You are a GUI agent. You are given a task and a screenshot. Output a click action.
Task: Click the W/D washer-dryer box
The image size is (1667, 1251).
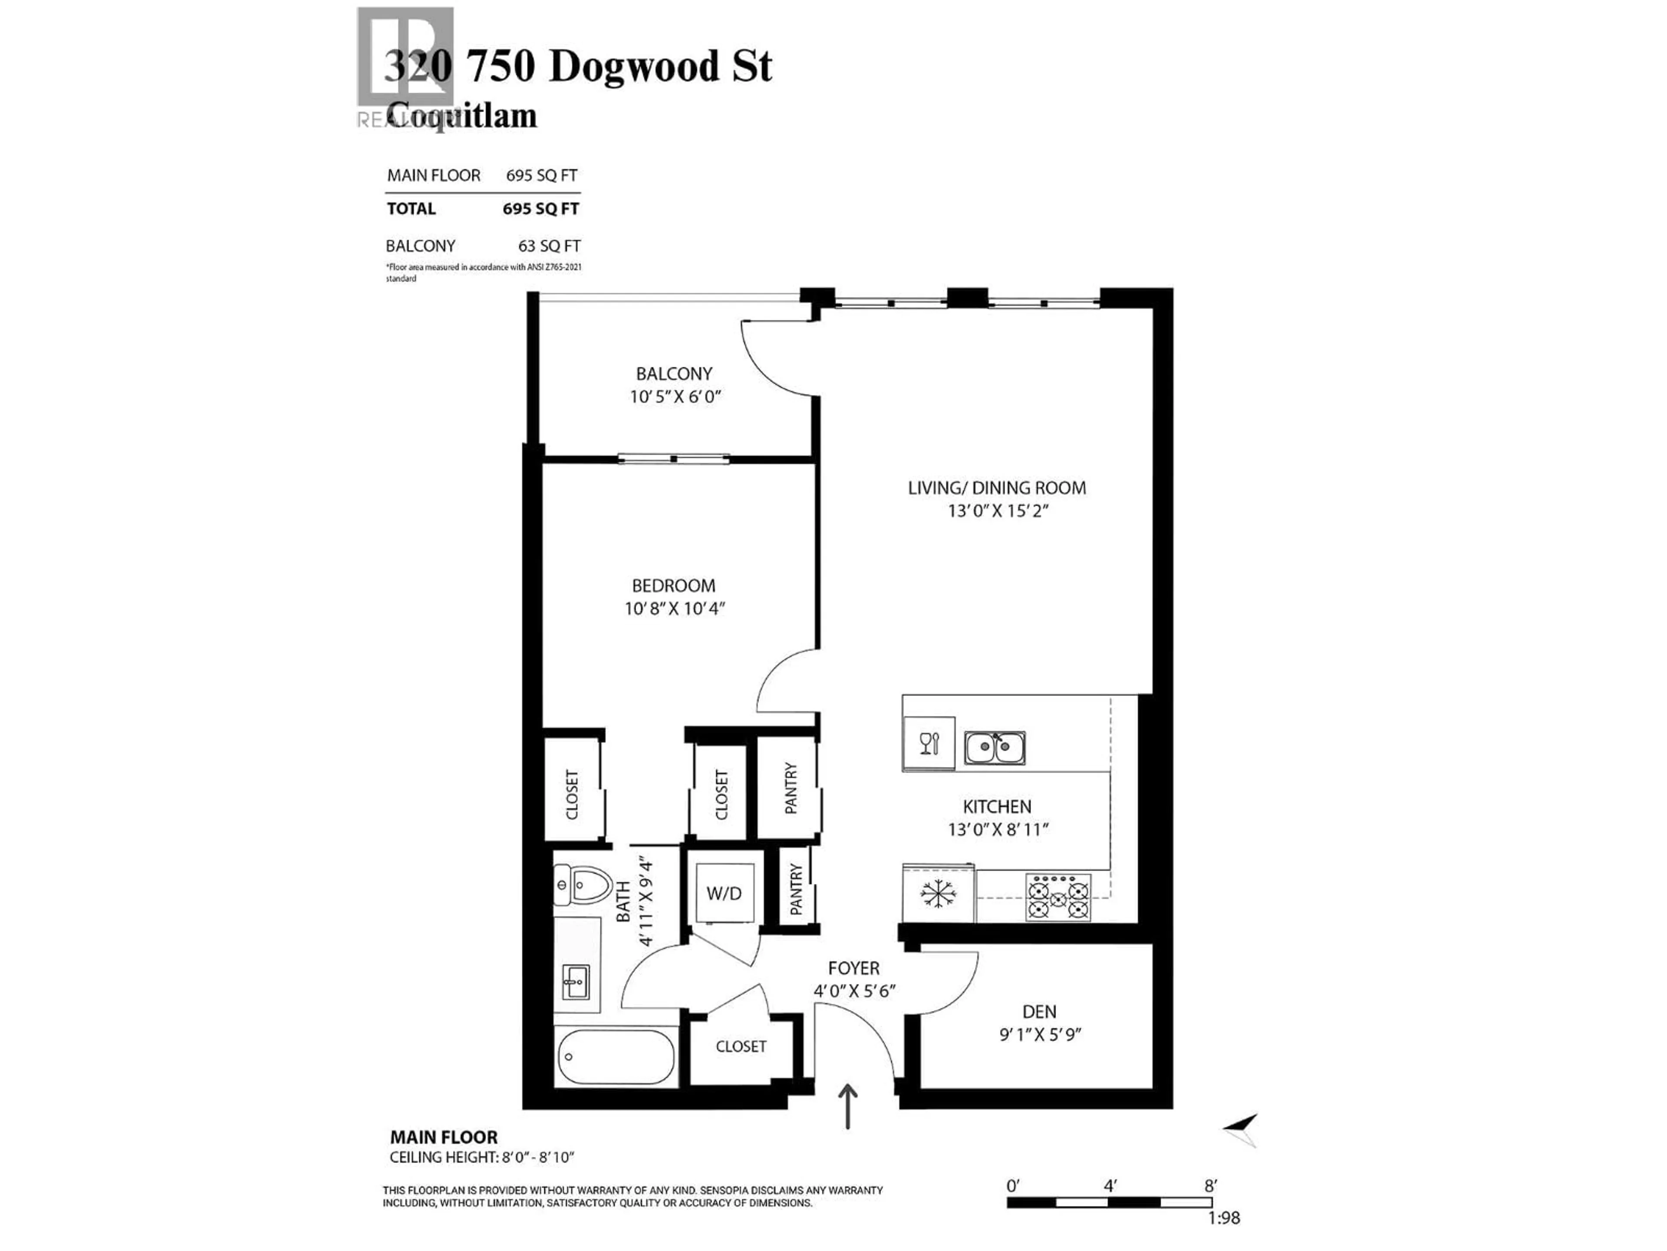coord(724,893)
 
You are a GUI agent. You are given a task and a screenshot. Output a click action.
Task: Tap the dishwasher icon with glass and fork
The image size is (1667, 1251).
coord(929,744)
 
